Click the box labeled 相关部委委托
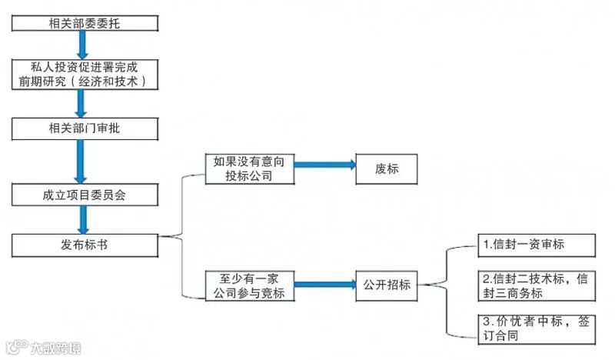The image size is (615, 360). pyautogui.click(x=85, y=23)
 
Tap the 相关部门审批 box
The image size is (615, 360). pyautogui.click(x=85, y=128)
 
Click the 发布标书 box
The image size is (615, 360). pyautogui.click(x=85, y=245)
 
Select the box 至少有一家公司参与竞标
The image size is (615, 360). pyautogui.click(x=250, y=286)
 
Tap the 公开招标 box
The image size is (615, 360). pyautogui.click(x=387, y=285)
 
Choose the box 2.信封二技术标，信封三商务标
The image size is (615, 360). pyautogui.click(x=536, y=285)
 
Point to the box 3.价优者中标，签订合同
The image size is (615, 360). pyautogui.click(x=536, y=328)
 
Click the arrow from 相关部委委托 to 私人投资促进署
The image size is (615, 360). pyautogui.click(x=81, y=45)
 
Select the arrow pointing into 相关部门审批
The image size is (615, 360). pyautogui.click(x=81, y=102)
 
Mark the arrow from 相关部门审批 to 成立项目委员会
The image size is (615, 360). pyautogui.click(x=81, y=159)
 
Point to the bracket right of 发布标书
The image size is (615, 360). pyautogui.click(x=181, y=235)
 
